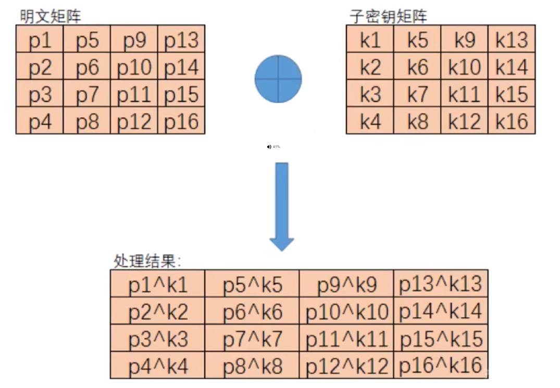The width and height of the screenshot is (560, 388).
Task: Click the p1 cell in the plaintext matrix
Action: pos(40,40)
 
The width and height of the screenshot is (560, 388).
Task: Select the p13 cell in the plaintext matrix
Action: pos(181,40)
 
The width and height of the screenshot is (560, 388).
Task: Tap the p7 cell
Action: pos(88,95)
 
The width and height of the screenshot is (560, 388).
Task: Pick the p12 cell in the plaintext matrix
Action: pos(134,121)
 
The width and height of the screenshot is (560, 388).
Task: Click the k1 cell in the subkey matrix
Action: pos(370,40)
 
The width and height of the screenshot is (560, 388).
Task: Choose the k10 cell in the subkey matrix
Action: pos(464,68)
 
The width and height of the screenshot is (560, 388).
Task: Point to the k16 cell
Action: pos(512,121)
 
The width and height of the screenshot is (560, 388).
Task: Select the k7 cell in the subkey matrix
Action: pos(417,95)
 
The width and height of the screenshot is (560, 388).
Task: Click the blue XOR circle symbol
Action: pos(278,79)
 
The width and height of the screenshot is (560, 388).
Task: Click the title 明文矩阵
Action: pos(51,17)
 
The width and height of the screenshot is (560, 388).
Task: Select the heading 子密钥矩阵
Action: pos(389,17)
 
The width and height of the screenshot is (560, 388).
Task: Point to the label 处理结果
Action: pos(147,261)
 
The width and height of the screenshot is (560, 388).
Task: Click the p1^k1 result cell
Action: pos(158,284)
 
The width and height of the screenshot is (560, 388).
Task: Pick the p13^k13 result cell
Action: pos(441,284)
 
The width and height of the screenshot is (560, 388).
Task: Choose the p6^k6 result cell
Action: pos(252,311)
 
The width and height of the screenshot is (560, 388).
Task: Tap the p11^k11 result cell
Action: pos(346,339)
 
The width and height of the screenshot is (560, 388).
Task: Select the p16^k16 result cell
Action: pos(441,366)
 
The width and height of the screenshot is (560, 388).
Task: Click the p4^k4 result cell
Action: pos(158,366)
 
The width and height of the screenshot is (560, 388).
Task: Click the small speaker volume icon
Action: pos(269,147)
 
